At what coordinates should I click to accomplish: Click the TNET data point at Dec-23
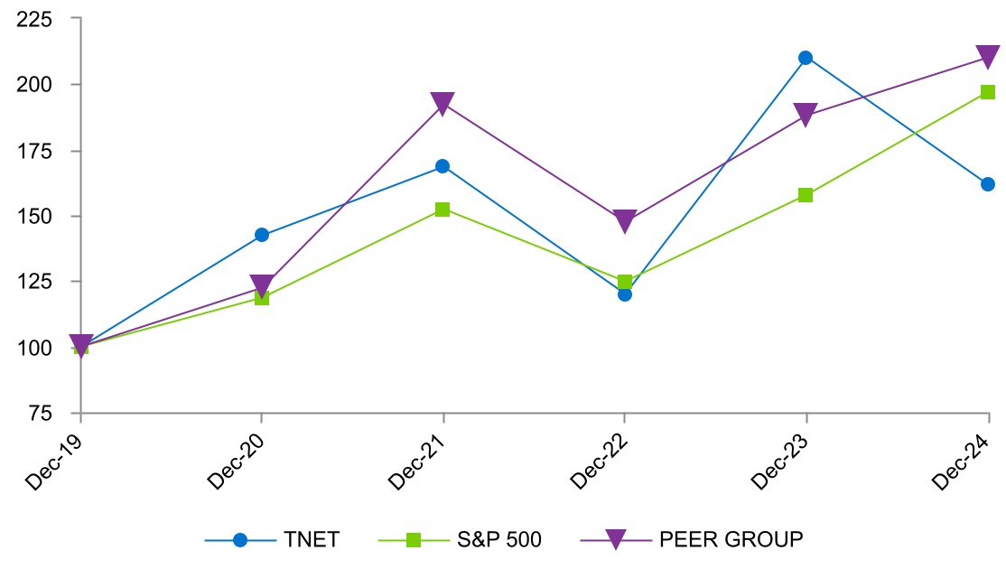(x=806, y=58)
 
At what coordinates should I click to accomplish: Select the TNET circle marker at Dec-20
(x=262, y=235)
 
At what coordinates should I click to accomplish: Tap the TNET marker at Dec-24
(x=987, y=184)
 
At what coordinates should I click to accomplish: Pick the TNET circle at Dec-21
(x=442, y=166)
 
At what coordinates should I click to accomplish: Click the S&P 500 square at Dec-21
(x=442, y=210)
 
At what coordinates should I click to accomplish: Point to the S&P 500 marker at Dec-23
(x=806, y=195)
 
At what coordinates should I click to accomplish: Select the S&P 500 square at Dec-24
(x=988, y=92)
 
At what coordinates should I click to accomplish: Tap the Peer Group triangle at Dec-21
(x=442, y=104)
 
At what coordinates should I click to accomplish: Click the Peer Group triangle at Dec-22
(x=624, y=221)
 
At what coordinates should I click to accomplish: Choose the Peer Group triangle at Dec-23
(x=806, y=116)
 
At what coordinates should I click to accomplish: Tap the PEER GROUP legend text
(x=731, y=540)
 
